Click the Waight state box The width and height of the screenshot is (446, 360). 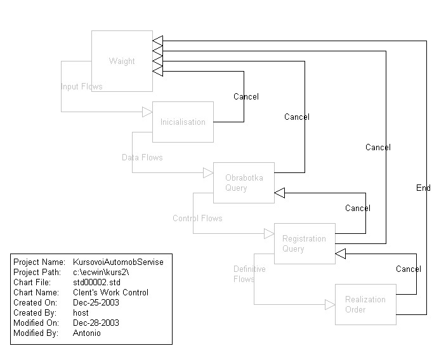pyautogui.click(x=122, y=61)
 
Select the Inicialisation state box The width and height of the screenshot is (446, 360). pyautogui.click(x=183, y=122)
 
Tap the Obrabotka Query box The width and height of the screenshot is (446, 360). pyautogui.click(x=244, y=183)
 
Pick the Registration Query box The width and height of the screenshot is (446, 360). pyautogui.click(x=305, y=243)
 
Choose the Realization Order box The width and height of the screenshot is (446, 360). pyautogui.click(x=365, y=304)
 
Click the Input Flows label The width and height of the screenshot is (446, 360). pyautogui.click(x=81, y=86)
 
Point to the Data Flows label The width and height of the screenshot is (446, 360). pyautogui.click(x=142, y=157)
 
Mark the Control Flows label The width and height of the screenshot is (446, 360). pyautogui.click(x=197, y=218)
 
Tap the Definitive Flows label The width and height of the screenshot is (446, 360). pyautogui.click(x=249, y=274)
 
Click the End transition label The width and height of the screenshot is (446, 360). pyautogui.click(x=423, y=188)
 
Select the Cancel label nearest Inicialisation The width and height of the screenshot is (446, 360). pyautogui.click(x=246, y=96)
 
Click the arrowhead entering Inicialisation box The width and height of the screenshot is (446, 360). pyautogui.click(x=147, y=112)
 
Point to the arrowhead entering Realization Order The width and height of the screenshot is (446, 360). pyautogui.click(x=330, y=305)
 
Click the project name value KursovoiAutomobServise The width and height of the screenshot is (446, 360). pyautogui.click(x=118, y=262)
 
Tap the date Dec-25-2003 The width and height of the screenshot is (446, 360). pyautogui.click(x=96, y=302)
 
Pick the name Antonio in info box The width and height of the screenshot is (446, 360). pyautogui.click(x=87, y=333)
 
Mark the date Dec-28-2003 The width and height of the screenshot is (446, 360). pyautogui.click(x=96, y=323)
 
